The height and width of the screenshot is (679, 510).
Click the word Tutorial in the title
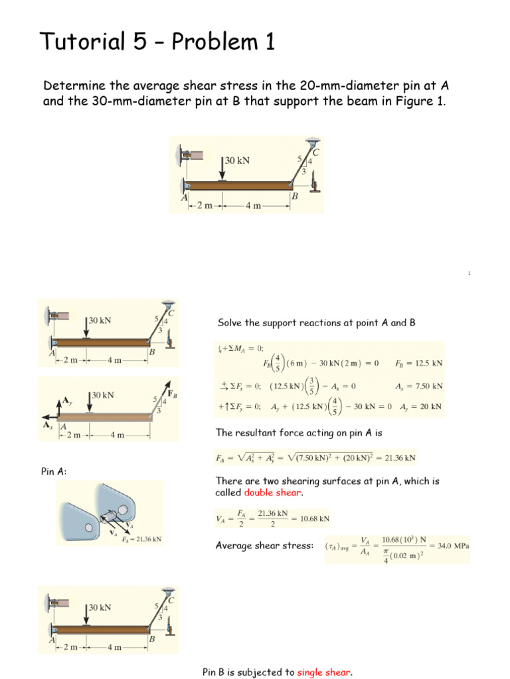(82, 41)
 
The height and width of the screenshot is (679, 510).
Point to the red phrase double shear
(272, 493)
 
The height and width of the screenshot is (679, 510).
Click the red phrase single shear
(323, 672)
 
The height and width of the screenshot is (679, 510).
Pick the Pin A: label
(54, 471)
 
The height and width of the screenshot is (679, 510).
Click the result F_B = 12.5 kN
(418, 363)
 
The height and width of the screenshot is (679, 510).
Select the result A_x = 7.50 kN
(419, 387)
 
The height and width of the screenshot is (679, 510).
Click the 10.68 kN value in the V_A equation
(315, 519)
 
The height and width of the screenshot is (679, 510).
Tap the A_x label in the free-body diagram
(48, 425)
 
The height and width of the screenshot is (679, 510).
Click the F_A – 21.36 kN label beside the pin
(141, 539)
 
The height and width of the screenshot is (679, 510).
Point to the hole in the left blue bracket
(90, 527)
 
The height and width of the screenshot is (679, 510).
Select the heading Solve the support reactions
(316, 323)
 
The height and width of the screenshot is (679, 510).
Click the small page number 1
(469, 273)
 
